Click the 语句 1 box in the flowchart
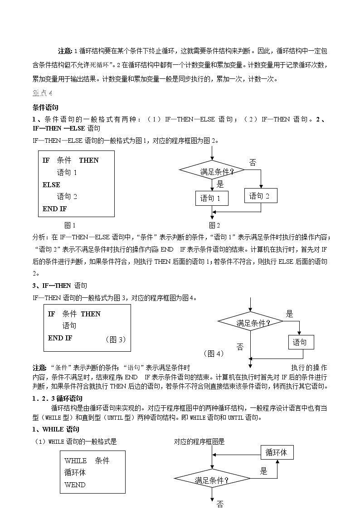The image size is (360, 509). click(x=211, y=198)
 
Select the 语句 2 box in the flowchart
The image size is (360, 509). click(x=260, y=196)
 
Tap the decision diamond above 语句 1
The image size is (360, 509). click(x=212, y=171)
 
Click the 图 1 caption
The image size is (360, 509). click(x=70, y=225)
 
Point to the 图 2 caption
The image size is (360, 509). click(x=214, y=225)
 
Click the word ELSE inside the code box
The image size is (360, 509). click(x=51, y=184)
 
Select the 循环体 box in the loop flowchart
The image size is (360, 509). click(x=277, y=452)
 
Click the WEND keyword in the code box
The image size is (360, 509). click(x=75, y=485)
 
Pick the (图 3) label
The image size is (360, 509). click(x=115, y=339)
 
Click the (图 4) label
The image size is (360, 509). click(x=213, y=354)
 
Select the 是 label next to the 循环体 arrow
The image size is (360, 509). click(x=264, y=471)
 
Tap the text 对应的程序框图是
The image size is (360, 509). click(x=199, y=441)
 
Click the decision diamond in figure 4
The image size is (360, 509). click(x=250, y=323)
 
